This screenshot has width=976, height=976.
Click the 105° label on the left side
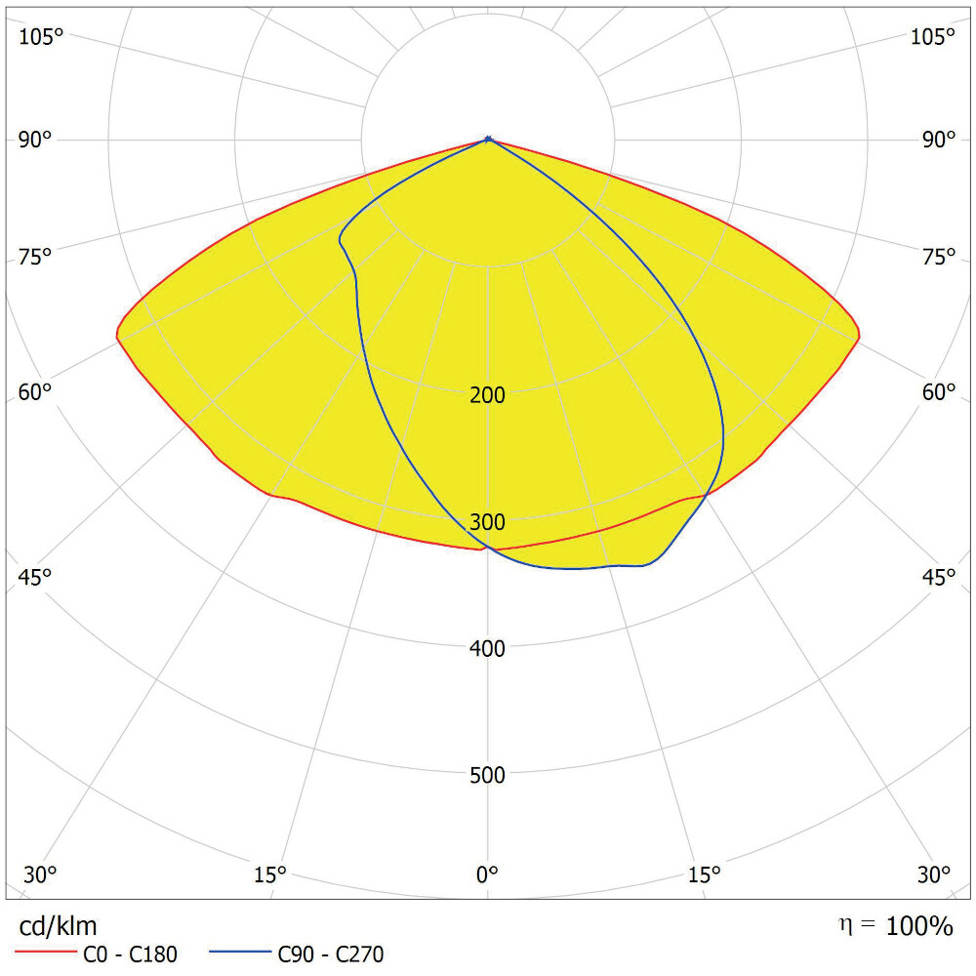point(41,36)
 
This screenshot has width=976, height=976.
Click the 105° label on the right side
point(932,36)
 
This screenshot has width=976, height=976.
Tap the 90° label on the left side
point(35,140)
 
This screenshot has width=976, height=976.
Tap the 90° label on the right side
point(939,140)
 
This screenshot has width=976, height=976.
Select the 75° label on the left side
point(35,257)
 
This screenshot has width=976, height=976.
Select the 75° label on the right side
point(939,257)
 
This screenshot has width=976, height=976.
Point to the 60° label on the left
point(35,391)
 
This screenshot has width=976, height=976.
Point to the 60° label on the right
point(939,391)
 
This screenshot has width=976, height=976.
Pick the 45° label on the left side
point(35,577)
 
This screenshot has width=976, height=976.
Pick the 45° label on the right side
point(939,577)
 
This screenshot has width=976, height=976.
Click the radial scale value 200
point(487,395)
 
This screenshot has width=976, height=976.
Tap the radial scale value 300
point(487,522)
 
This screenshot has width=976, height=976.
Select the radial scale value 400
point(487,648)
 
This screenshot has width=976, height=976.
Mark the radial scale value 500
point(487,775)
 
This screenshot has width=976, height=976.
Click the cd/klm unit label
point(59,925)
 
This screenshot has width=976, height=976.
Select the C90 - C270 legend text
point(332,956)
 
